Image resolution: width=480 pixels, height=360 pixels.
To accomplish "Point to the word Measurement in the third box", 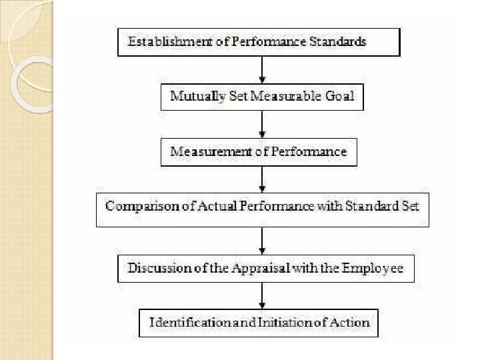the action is [x=209, y=151].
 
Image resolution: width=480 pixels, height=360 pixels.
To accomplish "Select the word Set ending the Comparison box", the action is [x=409, y=206].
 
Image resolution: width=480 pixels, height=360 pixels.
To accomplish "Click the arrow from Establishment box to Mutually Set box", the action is [x=262, y=69].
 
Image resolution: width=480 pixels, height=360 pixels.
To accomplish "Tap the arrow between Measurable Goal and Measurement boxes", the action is [x=262, y=124].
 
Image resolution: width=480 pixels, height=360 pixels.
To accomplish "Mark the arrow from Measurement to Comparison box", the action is [x=262, y=179].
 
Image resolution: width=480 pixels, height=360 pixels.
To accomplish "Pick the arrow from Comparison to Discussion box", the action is [x=262, y=240].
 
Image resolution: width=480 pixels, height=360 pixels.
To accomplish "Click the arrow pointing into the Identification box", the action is [x=262, y=295].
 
